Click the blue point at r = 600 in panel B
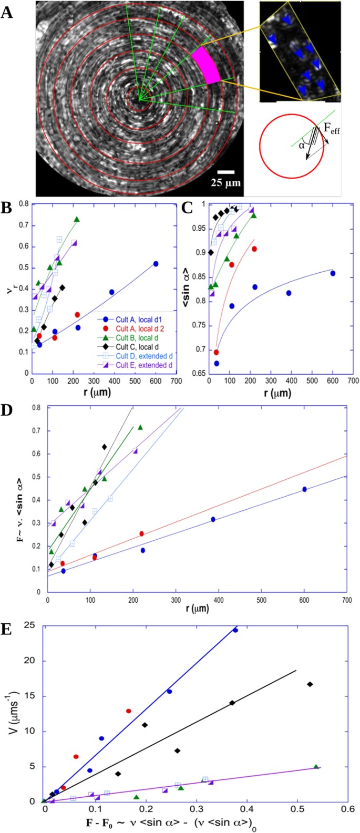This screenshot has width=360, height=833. point(156,264)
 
